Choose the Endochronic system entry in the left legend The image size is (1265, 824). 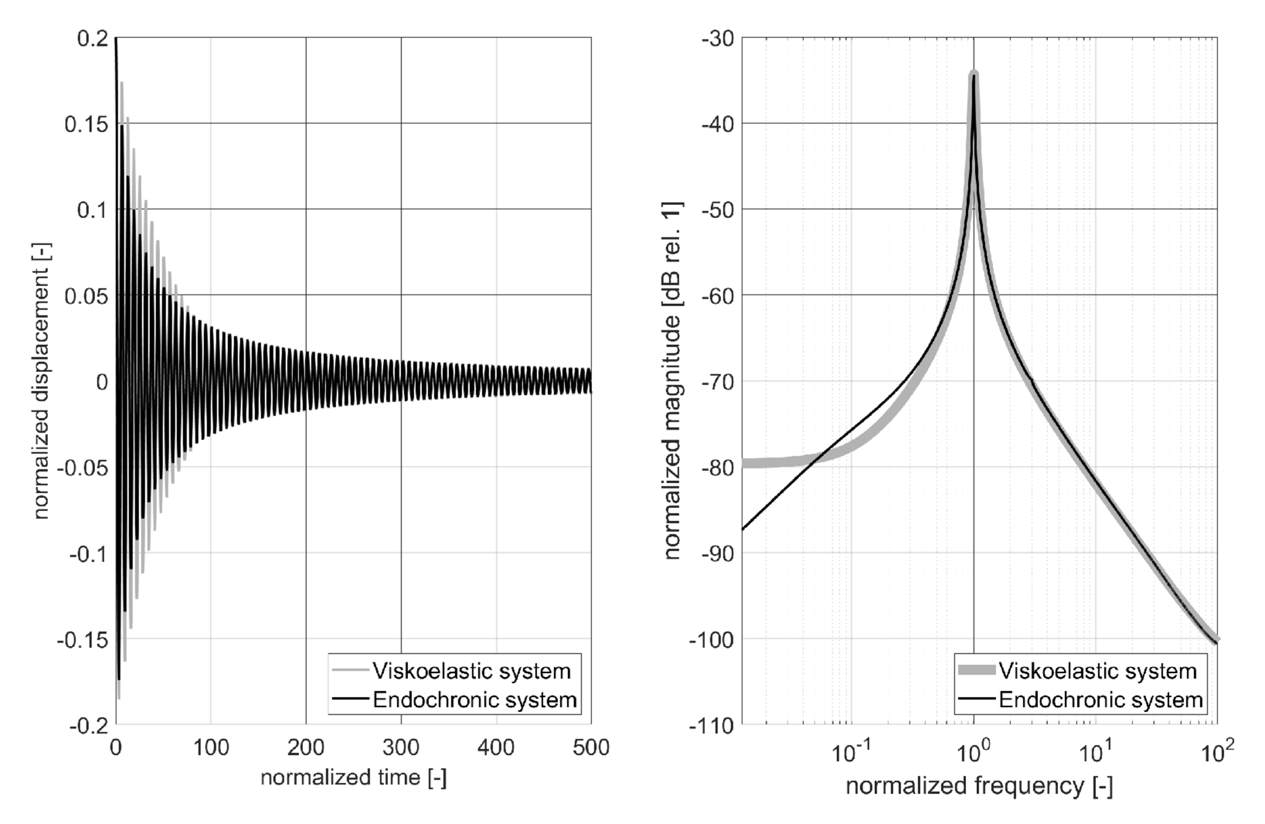pyautogui.click(x=474, y=700)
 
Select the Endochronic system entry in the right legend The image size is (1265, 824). pyautogui.click(x=1100, y=700)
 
